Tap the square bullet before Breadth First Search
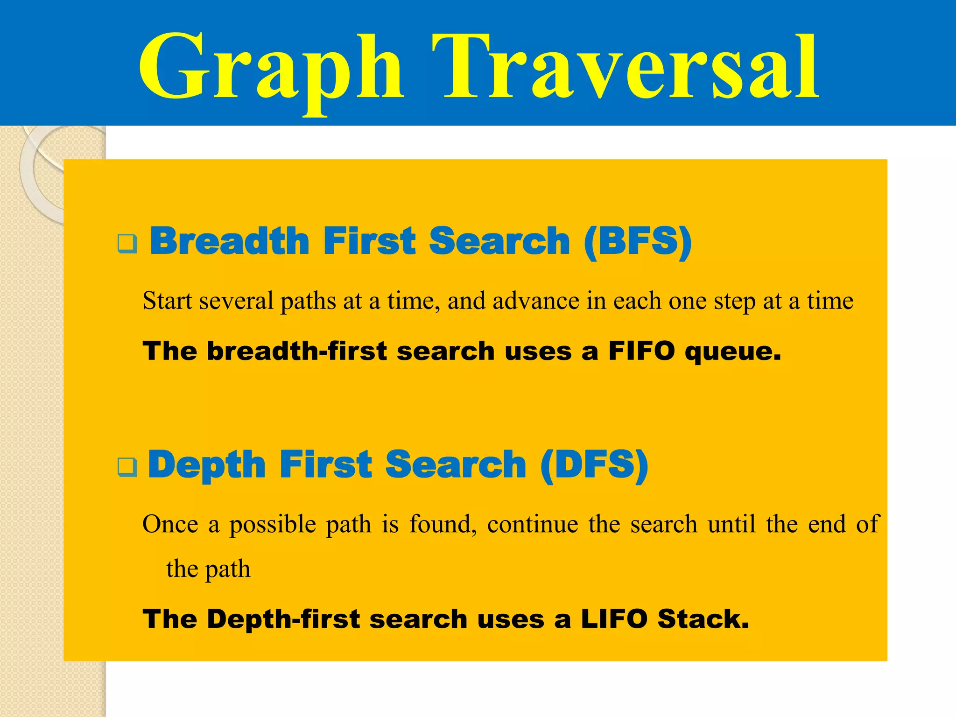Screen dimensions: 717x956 click(127, 243)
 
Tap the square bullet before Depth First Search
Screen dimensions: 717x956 click(127, 466)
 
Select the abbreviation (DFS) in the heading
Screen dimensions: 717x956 click(594, 464)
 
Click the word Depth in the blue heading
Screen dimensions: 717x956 click(207, 464)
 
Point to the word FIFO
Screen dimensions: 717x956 click(642, 351)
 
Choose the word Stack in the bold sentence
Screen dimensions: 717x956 click(703, 619)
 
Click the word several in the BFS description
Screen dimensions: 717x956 click(236, 301)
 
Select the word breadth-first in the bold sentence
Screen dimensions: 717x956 click(297, 351)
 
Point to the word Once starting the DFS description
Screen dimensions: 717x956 click(170, 524)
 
